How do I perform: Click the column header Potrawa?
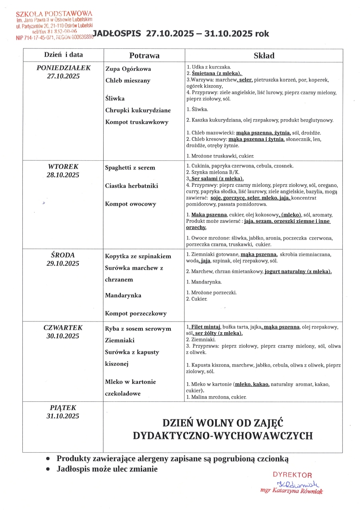(144, 55)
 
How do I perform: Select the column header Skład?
(264, 56)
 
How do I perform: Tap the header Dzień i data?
(63, 55)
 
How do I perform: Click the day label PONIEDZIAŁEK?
(64, 68)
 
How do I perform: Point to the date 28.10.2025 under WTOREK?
(64, 175)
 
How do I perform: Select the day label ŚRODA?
(63, 255)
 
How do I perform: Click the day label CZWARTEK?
(63, 328)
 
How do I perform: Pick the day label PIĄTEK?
(63, 408)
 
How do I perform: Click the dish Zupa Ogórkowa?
(128, 69)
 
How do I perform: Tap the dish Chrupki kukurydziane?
(138, 110)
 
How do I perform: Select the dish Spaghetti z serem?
(130, 168)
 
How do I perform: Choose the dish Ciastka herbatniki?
(132, 186)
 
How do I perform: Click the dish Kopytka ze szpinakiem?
(138, 256)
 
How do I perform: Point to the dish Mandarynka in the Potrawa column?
(123, 295)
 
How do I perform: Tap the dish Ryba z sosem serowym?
(138, 329)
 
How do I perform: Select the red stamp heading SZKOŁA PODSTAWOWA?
(54, 14)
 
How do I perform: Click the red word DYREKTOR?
(292, 475)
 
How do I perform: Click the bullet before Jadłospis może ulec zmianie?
(48, 469)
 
